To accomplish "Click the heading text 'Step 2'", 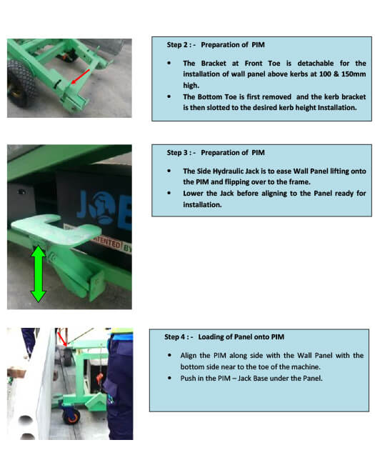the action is pyautogui.click(x=177, y=45).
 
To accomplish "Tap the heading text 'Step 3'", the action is pyautogui.click(x=177, y=153).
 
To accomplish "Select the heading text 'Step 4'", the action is pyautogui.click(x=174, y=337).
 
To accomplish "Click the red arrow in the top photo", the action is pyautogui.click(x=80, y=76).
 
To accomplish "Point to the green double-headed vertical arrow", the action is pyautogui.click(x=38, y=274).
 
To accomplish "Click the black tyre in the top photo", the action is pyautogui.click(x=20, y=83).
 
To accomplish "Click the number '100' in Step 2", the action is pyautogui.click(x=325, y=74).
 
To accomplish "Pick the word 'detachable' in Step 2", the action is pyautogui.click(x=316, y=63).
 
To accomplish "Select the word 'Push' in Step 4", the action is pyautogui.click(x=187, y=378).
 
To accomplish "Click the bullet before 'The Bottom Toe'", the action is pyautogui.click(x=169, y=96).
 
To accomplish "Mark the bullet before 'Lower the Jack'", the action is pyautogui.click(x=169, y=193).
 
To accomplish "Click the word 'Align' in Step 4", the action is pyautogui.click(x=188, y=355).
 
